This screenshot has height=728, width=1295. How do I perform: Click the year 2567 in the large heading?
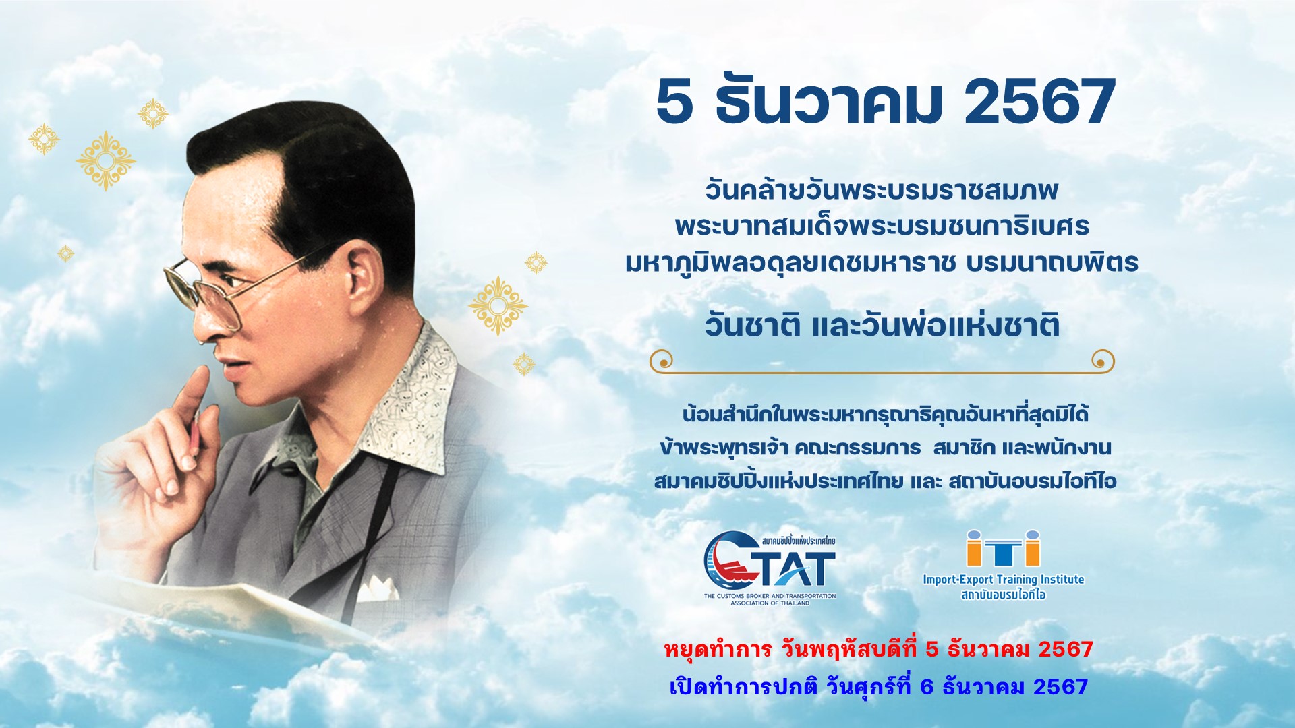click(x=1039, y=102)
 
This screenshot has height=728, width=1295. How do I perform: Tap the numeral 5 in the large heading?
click(x=674, y=102)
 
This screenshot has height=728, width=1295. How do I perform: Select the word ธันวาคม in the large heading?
click(x=828, y=102)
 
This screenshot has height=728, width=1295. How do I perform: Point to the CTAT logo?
click(x=770, y=568)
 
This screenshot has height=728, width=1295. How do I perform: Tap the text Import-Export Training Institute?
click(x=1003, y=579)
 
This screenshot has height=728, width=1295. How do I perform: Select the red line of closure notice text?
click(x=878, y=649)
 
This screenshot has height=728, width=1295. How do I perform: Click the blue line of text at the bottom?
click(x=878, y=687)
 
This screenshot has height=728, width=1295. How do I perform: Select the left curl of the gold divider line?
click(x=662, y=361)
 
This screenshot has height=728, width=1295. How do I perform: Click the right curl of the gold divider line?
click(x=1103, y=361)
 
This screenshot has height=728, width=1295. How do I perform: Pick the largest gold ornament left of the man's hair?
click(x=106, y=161)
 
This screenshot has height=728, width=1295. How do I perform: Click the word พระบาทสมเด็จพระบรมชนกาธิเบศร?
click(x=882, y=226)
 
